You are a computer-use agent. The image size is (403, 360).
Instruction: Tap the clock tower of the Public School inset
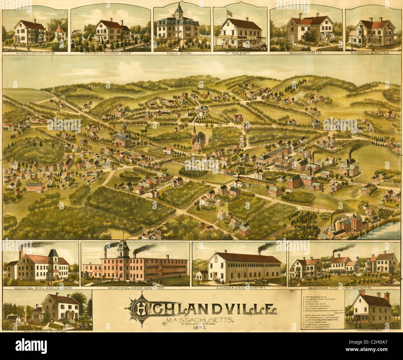point(179,11)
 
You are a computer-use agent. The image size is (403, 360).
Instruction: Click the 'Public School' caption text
point(182,53)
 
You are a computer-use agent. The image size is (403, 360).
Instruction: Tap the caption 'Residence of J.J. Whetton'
point(373,53)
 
